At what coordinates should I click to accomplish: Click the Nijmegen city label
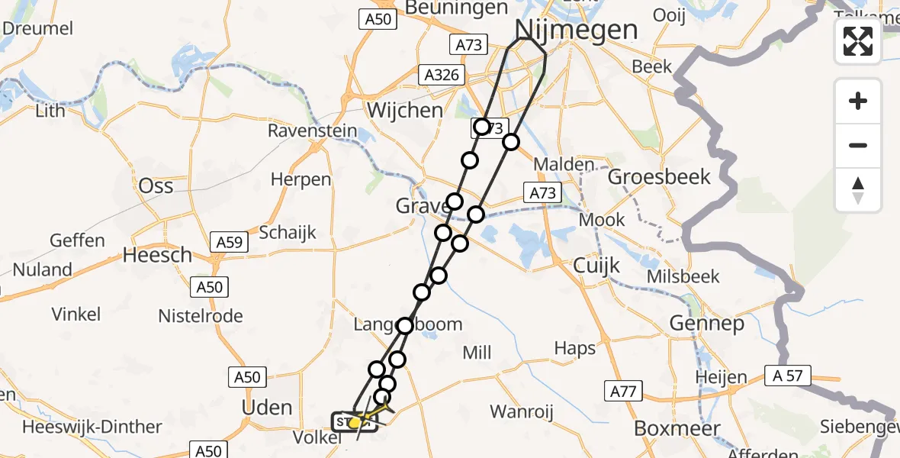click(577, 30)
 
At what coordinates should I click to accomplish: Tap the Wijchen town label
click(404, 110)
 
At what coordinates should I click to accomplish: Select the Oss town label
click(156, 185)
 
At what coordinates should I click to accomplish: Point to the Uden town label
click(267, 407)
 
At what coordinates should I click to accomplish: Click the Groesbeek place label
click(659, 176)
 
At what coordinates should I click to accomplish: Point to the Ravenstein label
click(312, 131)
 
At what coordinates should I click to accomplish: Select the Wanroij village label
click(521, 412)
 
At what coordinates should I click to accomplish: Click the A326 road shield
click(440, 75)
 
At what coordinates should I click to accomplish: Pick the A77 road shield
click(622, 392)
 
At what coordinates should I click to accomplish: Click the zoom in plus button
click(858, 101)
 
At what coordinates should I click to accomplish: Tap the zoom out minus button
click(858, 145)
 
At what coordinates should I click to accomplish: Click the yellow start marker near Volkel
click(355, 422)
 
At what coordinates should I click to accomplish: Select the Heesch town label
click(158, 255)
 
